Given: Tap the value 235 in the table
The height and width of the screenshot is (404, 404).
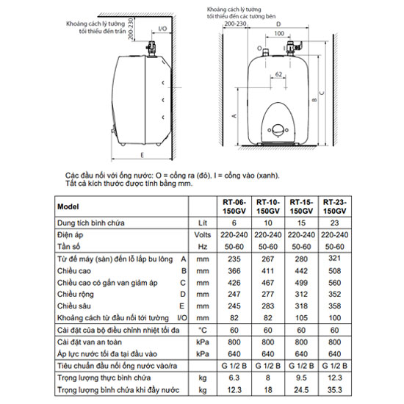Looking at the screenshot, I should pos(235,259).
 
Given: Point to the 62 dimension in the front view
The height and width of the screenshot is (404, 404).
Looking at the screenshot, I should pos(279,73).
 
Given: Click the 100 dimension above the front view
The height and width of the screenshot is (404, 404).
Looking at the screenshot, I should pos(278,34).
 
